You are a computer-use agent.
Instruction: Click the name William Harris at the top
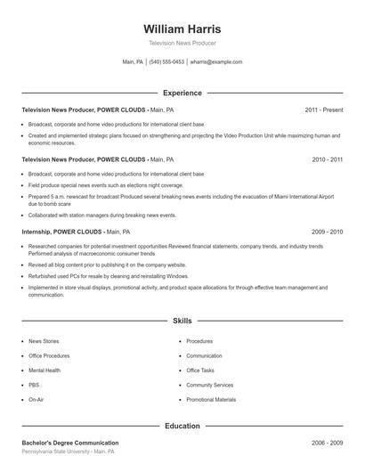[182, 28]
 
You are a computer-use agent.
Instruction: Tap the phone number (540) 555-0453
[166, 62]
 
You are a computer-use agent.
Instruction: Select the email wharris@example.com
[216, 62]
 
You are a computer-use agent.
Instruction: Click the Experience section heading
[182, 93]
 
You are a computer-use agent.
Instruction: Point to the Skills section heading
[182, 320]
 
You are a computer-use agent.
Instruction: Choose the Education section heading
[182, 426]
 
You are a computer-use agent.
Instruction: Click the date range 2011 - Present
[323, 110]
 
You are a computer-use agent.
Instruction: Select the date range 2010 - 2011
[327, 159]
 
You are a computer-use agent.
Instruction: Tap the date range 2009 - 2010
[327, 231]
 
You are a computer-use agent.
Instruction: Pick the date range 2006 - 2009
[327, 443]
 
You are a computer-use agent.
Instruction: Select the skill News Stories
[44, 341]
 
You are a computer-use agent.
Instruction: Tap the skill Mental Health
[45, 370]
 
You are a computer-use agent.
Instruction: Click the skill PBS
[34, 385]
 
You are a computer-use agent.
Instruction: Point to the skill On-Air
[36, 400]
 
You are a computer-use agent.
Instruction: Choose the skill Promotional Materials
[211, 400]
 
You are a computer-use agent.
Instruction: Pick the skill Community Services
[209, 385]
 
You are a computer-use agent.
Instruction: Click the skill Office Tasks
[200, 370]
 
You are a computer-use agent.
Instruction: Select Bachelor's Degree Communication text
[70, 443]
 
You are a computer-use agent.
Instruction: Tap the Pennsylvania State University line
[68, 452]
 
